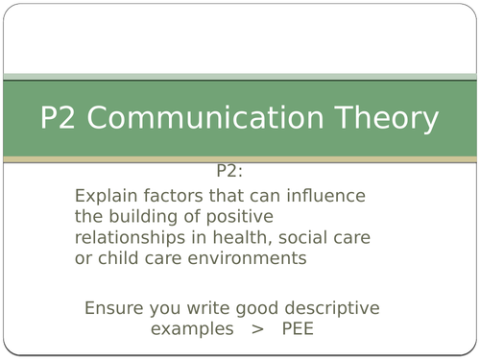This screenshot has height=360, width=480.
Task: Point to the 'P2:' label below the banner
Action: [x=230, y=172]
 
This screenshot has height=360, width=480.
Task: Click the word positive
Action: [x=239, y=217]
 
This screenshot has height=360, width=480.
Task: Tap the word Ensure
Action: [x=113, y=308]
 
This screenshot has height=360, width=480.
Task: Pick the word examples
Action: [x=191, y=328]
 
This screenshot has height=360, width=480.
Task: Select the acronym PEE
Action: [x=299, y=328]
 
